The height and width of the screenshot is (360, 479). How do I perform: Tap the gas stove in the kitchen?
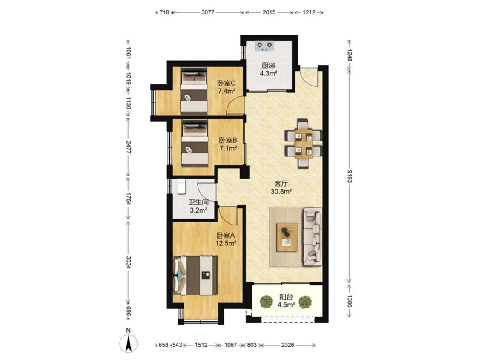click(265, 46)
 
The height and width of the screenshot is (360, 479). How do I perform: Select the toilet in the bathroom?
click(181, 186)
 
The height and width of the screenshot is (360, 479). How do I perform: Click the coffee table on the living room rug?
click(287, 237)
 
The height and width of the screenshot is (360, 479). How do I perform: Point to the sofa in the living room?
click(313, 237)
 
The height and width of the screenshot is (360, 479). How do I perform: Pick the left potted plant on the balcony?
click(267, 302)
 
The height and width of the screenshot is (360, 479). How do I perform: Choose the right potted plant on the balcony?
click(304, 302)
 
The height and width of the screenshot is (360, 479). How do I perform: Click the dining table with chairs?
click(303, 144)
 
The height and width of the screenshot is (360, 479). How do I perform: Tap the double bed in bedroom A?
click(195, 275)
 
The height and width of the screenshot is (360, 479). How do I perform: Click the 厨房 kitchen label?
click(268, 65)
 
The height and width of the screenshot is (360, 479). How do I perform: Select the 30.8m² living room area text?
click(281, 192)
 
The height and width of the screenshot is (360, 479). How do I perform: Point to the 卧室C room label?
click(227, 83)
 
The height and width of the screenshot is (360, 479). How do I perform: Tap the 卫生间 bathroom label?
click(198, 202)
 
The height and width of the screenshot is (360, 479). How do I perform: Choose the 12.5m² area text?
click(227, 243)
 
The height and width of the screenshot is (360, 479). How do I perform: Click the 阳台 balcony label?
click(286, 297)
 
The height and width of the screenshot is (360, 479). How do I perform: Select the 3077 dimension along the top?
click(208, 12)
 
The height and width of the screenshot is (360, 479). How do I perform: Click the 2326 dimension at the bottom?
click(287, 345)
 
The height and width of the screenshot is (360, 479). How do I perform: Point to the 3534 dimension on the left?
click(128, 261)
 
